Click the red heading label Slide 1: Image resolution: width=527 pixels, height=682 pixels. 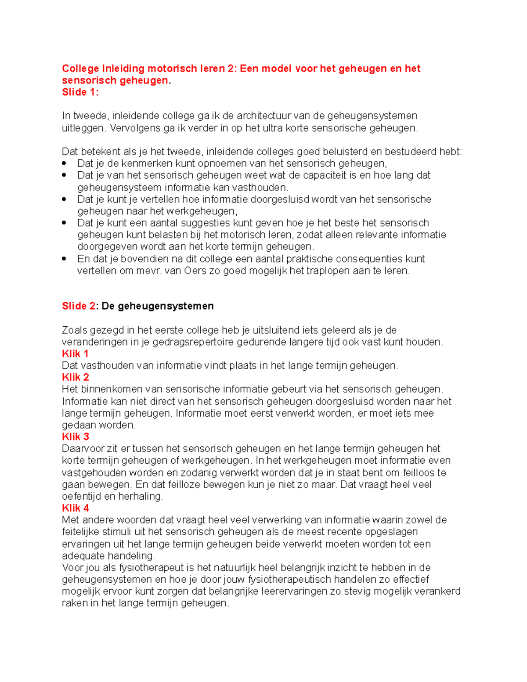80,92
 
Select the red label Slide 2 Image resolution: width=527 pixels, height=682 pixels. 78,306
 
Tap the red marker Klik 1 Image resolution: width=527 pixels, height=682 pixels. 75,354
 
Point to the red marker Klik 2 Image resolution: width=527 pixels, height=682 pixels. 75,377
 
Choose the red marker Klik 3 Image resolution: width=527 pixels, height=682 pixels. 75,437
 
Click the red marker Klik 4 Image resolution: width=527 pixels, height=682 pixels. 75,508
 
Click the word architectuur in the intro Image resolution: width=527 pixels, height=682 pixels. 263,116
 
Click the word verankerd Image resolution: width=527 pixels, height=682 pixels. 438,592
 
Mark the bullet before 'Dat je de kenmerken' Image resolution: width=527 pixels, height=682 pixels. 65,163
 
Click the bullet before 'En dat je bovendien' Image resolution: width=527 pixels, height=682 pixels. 65,259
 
